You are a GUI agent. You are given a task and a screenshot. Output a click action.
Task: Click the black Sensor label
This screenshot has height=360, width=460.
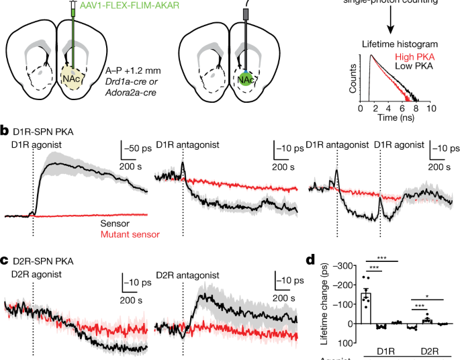(x=115, y=225)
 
